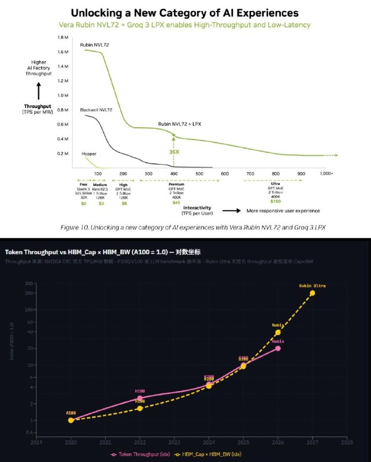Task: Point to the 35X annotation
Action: [x=173, y=152]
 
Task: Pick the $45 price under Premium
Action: [x=176, y=202]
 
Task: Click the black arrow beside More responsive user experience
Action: [x=236, y=210]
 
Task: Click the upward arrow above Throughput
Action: [x=39, y=91]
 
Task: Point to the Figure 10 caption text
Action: [x=193, y=228]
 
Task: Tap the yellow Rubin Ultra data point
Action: [x=313, y=293]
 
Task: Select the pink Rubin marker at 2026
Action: [x=278, y=348]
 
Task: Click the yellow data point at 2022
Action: [x=140, y=408]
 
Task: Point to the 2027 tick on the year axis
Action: [x=313, y=442]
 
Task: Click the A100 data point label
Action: [x=71, y=413]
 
